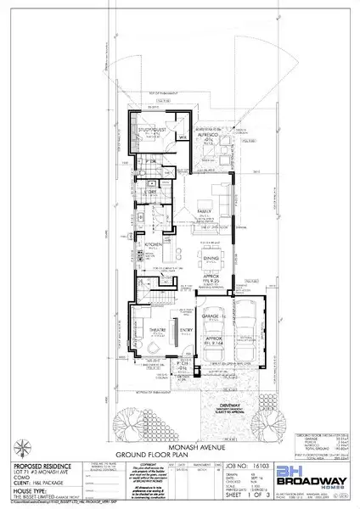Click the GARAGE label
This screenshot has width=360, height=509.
211,314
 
